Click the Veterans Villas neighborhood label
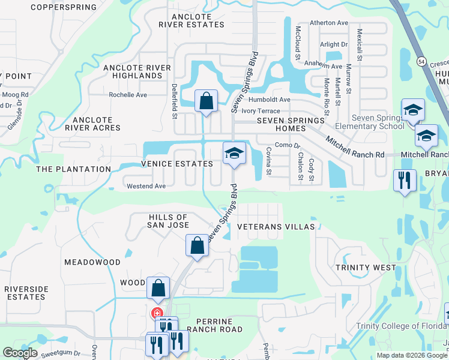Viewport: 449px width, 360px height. click(276, 227)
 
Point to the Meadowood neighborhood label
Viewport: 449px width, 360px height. click(92, 262)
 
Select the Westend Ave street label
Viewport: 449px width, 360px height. click(145, 186)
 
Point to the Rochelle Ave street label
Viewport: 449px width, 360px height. click(127, 95)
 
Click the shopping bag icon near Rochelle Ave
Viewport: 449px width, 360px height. click(206, 101)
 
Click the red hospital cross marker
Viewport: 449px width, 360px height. click(157, 313)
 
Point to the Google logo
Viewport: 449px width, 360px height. click(20, 353)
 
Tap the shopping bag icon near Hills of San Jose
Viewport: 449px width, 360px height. click(197, 245)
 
